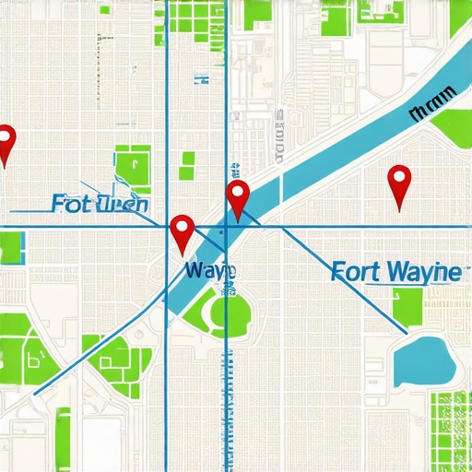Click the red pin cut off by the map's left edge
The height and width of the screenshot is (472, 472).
pyautogui.click(x=6, y=140)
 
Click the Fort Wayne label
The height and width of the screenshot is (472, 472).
pyautogui.click(x=395, y=272)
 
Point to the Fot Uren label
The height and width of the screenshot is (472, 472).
pyautogui.click(x=100, y=203)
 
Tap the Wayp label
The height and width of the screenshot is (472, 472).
pyautogui.click(x=209, y=271)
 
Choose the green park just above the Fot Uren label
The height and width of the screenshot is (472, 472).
pyautogui.click(x=131, y=168)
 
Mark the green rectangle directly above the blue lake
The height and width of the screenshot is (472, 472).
pyautogui.click(x=407, y=305)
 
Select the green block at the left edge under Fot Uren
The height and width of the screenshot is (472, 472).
pyautogui.click(x=11, y=248)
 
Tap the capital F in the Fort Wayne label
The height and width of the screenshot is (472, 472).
pyautogui.click(x=337, y=273)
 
